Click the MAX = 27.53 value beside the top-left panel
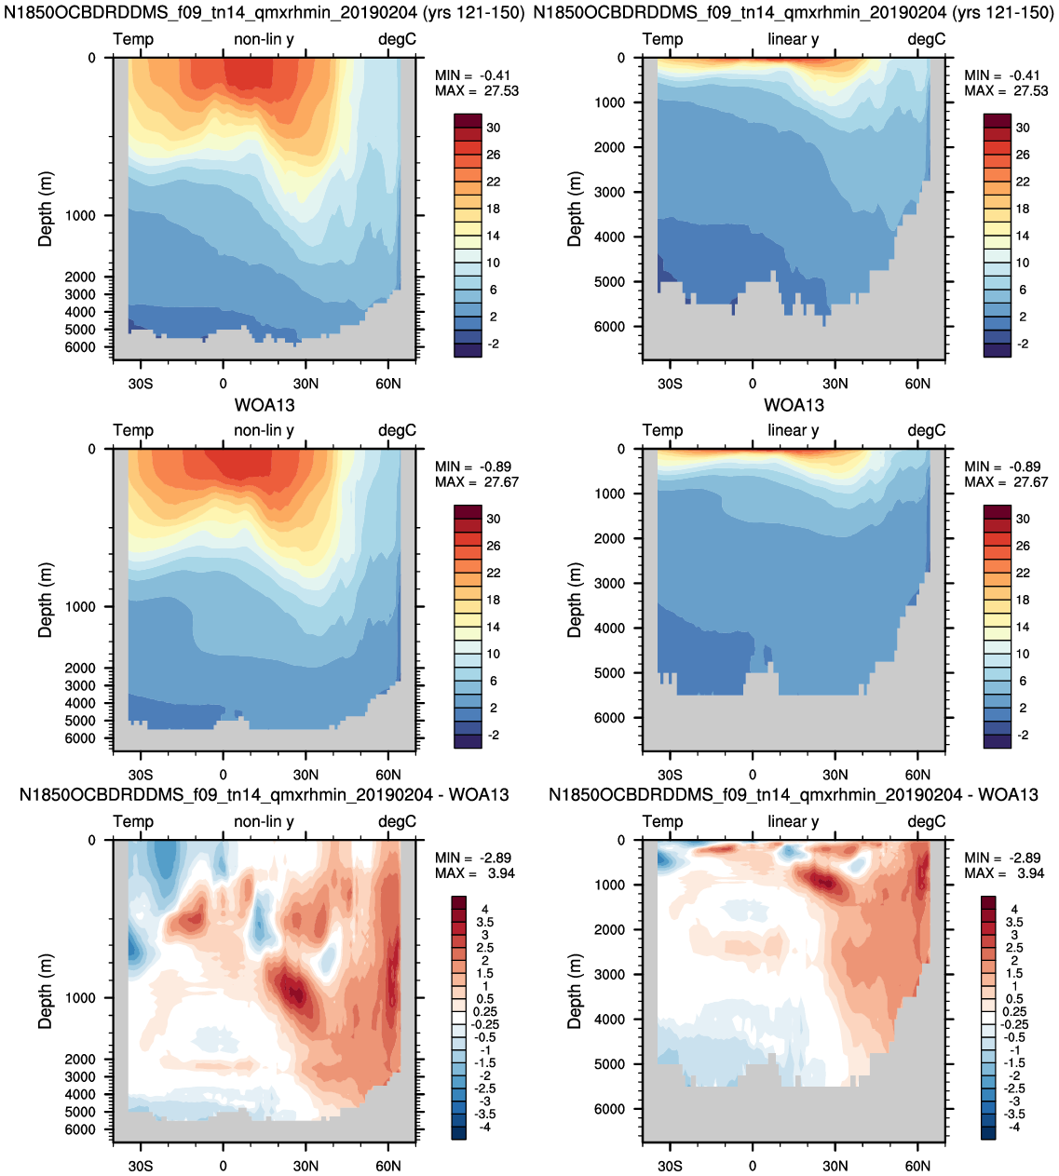(476, 91)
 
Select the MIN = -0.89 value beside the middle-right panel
(1002, 466)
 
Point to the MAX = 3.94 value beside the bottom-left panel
(475, 873)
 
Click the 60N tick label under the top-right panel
(917, 384)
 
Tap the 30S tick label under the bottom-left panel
(141, 1166)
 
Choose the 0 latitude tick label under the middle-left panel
(223, 775)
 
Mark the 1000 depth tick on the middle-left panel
(80, 607)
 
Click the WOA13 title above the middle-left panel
(265, 405)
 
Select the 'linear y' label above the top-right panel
(794, 39)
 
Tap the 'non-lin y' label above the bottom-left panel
(264, 822)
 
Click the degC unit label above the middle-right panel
(927, 431)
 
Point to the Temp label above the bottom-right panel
(662, 822)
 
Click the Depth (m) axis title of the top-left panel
(46, 210)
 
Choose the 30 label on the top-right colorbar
(1023, 128)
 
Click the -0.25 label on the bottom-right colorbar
(1014, 1025)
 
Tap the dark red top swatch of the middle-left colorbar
(468, 512)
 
